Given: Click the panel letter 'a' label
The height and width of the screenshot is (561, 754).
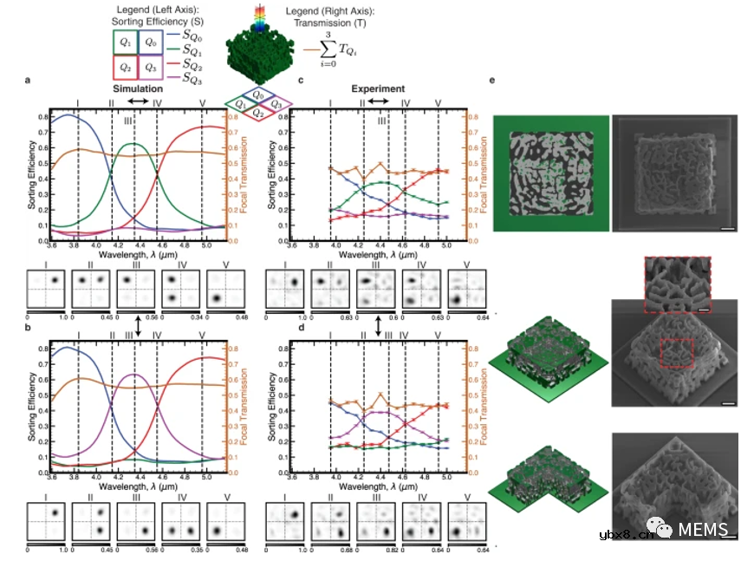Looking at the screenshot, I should pyautogui.click(x=29, y=82).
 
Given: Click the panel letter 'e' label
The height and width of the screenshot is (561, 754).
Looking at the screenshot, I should pyautogui.click(x=492, y=82).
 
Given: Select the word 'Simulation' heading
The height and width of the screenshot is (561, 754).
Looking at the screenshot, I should pyautogui.click(x=139, y=89).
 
